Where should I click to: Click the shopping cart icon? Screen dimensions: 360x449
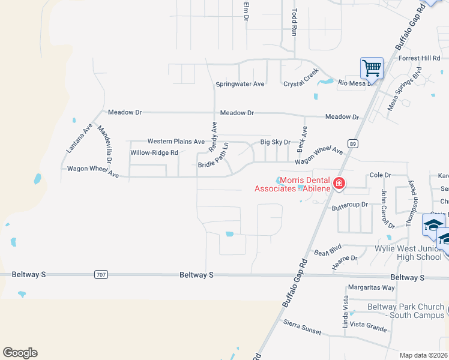pos(372,68)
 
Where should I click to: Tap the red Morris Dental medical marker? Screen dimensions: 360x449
pos(339,184)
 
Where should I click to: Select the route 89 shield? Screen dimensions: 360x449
pos(354,144)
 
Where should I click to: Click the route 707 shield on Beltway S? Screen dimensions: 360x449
pos(100,274)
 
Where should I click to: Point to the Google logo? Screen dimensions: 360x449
pos(20,353)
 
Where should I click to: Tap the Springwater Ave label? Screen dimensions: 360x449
pos(240,84)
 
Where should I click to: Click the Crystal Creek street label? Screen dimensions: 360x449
pos(301,78)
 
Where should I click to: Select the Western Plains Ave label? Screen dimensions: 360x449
pos(176,142)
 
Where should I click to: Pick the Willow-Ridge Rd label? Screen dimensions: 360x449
pos(154,153)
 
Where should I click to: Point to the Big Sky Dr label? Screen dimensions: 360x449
pos(275,142)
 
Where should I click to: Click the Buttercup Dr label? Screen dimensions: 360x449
pos(349,205)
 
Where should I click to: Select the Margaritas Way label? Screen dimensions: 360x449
pos(372,287)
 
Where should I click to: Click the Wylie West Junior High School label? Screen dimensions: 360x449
pos(408,253)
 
